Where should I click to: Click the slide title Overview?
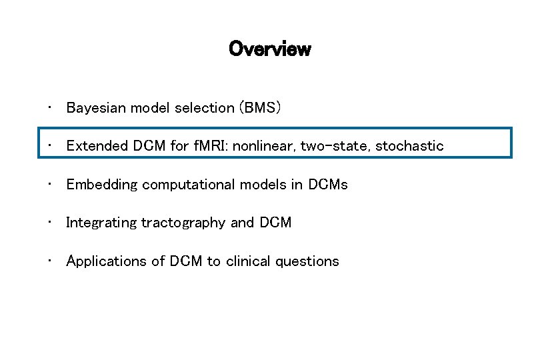coord(269,49)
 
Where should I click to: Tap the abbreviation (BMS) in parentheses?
coord(261,108)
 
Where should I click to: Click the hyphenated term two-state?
coord(335,146)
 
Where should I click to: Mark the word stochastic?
coord(409,146)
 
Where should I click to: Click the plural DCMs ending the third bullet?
coord(328,185)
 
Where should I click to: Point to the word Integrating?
coord(100,223)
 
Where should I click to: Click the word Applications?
coord(103,261)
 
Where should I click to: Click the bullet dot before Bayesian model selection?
coord(51,107)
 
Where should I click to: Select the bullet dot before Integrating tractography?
coord(51,221)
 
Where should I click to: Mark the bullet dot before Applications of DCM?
coord(51,260)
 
